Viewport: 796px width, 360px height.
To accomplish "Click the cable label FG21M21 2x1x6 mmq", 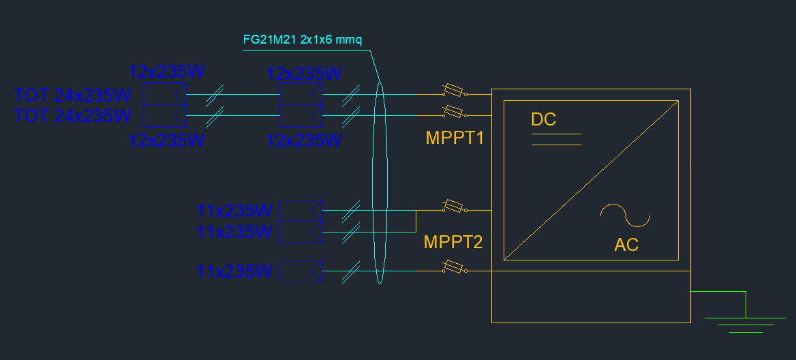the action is [x=302, y=40].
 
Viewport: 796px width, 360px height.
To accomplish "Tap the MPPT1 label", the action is [x=455, y=138].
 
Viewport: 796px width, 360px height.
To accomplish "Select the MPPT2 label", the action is [x=453, y=242].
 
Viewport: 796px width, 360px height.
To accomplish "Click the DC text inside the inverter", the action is [x=543, y=119].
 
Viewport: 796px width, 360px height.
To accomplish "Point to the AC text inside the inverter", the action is [x=626, y=245].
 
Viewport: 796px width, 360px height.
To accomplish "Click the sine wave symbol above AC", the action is [x=626, y=216].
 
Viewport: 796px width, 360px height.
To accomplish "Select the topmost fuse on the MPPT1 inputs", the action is [x=454, y=91].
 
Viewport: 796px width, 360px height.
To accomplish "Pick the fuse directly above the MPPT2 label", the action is [x=454, y=207].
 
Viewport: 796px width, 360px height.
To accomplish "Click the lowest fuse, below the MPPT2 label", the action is [x=454, y=267].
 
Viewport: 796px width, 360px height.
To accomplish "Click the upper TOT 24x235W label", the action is [x=73, y=95].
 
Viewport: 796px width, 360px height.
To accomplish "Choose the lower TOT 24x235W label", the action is [x=73, y=116].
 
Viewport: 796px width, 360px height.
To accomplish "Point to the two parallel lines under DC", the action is [x=556, y=140].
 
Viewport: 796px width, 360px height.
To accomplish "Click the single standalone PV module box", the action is [x=301, y=271].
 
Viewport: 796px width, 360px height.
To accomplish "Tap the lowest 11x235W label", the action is [x=234, y=271].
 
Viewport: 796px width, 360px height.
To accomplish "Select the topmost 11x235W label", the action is [x=234, y=210].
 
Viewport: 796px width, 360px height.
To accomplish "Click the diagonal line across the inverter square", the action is [x=591, y=180].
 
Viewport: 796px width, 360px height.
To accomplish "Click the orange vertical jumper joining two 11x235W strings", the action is [x=416, y=221].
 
